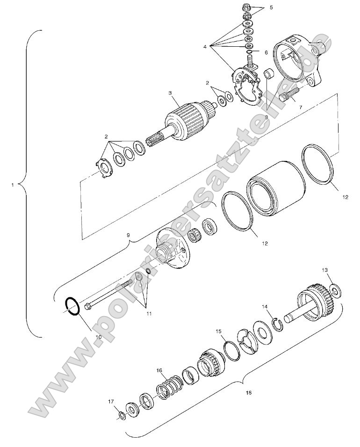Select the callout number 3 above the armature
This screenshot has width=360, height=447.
tap(171, 93)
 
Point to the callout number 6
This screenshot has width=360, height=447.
tap(266, 53)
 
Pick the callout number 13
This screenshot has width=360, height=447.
tap(325, 270)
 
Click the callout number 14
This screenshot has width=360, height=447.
tap(265, 307)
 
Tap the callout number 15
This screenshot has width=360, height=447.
tap(218, 331)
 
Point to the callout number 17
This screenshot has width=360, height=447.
tap(111, 401)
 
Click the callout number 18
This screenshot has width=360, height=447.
tap(248, 393)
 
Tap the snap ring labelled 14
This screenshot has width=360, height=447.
tap(278, 323)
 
